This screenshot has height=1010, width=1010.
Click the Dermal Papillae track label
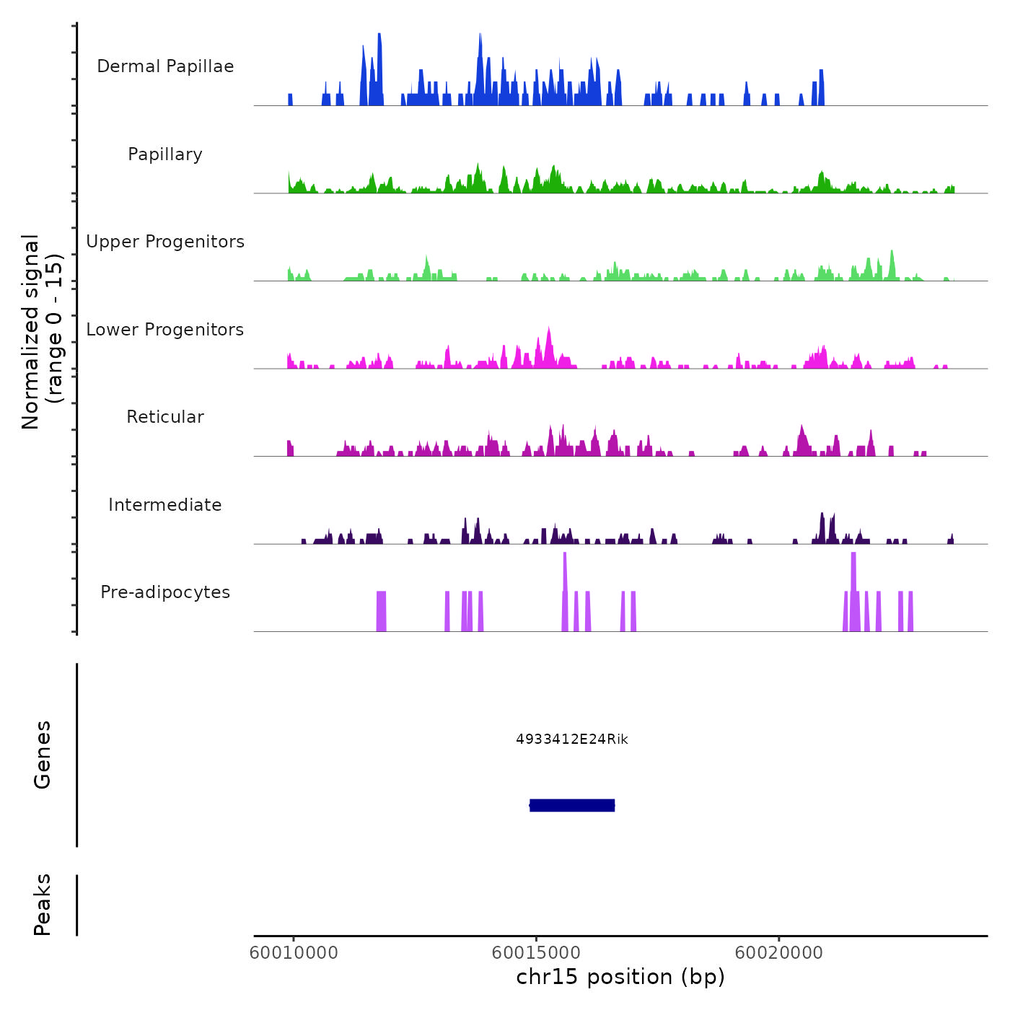[x=165, y=66]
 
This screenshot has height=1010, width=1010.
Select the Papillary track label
[x=165, y=154]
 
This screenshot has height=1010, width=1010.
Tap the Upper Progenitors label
[x=165, y=242]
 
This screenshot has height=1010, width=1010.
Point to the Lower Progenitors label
[x=165, y=330]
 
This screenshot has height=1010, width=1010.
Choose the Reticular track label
[x=165, y=417]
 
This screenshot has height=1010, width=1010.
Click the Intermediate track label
[x=165, y=505]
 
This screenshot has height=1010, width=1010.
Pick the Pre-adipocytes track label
[x=165, y=592]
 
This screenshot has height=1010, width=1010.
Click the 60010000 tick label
[x=294, y=953]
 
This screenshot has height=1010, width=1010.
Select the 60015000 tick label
[x=536, y=953]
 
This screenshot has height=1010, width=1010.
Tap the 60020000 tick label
[x=779, y=953]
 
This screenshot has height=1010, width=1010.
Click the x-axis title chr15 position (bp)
[x=620, y=977]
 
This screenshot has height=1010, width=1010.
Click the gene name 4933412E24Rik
[x=572, y=739]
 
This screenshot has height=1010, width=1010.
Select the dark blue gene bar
[x=572, y=805]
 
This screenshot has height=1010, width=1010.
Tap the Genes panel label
[x=43, y=755]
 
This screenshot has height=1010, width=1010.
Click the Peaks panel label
[x=43, y=905]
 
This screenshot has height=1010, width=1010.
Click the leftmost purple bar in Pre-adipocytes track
[x=381, y=611]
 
